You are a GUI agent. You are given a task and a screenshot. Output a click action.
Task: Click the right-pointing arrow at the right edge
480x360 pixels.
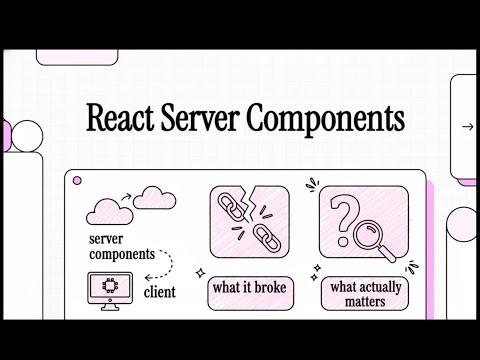467,127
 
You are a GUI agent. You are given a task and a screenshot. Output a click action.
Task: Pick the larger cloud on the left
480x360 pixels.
111,209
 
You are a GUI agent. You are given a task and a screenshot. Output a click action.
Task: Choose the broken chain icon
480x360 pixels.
248,222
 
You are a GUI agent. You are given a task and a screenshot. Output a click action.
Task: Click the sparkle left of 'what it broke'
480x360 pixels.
200,272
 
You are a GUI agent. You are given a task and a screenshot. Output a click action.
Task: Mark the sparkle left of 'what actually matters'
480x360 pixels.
315,270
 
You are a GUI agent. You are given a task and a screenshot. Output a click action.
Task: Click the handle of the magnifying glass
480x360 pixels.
387,251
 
